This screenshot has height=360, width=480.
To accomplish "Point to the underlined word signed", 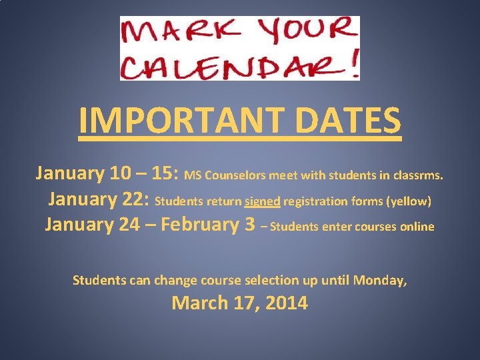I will [x=263, y=201].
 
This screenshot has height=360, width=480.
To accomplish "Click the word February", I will [x=200, y=224].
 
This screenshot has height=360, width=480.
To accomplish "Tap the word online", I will [x=417, y=227].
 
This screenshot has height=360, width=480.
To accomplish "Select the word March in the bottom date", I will [x=199, y=303].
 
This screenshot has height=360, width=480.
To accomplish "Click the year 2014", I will [x=287, y=303].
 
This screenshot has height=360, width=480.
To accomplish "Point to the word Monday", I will [x=380, y=281].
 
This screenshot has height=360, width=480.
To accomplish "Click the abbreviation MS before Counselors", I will [x=192, y=176].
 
